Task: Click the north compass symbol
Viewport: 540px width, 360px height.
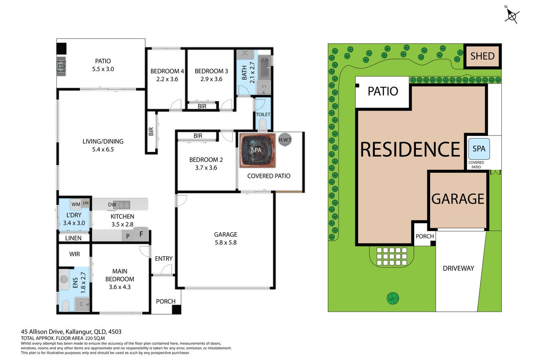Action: coord(512,16)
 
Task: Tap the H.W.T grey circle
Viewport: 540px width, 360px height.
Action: coord(285,140)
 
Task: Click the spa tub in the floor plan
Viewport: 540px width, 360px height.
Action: coord(257,151)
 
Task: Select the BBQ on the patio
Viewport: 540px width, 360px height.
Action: coord(61,66)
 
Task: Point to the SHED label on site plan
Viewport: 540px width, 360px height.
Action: coord(482,56)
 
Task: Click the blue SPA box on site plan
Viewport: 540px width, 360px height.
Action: coord(479,149)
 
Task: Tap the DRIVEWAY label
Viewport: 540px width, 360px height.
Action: coord(458,268)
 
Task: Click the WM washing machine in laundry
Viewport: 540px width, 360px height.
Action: coord(76,204)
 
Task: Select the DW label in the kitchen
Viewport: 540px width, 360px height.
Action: coord(112,205)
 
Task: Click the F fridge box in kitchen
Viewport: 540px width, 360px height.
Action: coord(141,234)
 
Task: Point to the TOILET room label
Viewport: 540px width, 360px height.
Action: coord(263,114)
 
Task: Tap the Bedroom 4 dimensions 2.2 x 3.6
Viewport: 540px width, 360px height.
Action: coord(167,79)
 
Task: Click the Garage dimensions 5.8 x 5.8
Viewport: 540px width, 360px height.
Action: coord(226,243)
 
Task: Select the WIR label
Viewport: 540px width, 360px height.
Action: coord(74,254)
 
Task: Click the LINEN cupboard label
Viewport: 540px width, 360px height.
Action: coord(73,238)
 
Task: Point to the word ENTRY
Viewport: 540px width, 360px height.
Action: coord(164,259)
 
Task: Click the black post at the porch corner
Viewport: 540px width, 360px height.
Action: coord(177,310)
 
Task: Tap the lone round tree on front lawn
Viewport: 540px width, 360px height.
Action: coord(393,298)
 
